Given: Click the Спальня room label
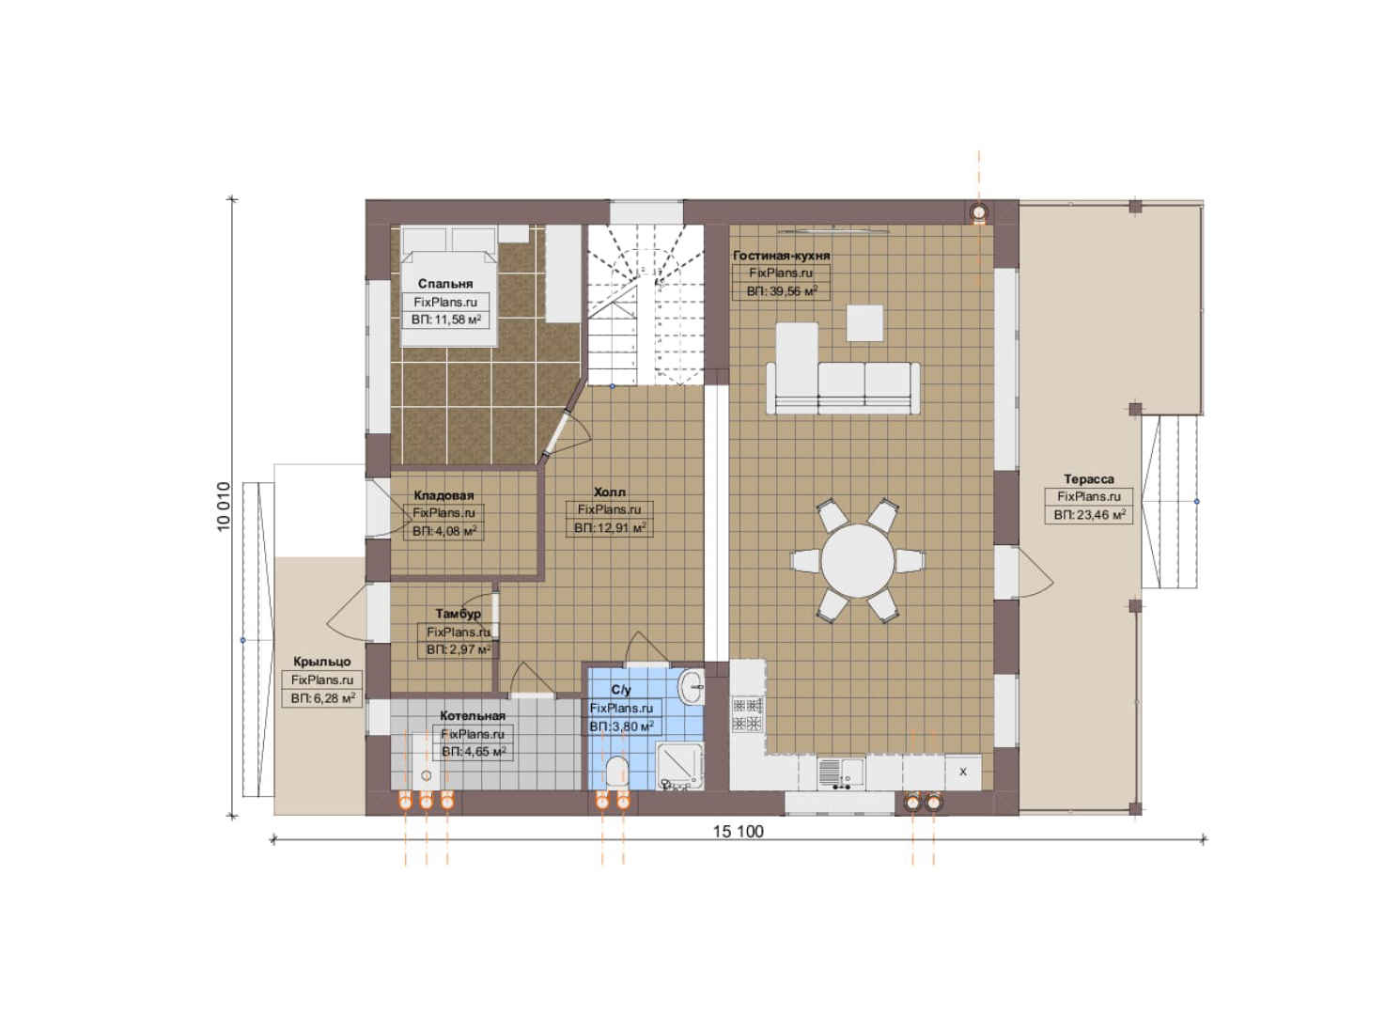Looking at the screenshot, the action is (445, 284).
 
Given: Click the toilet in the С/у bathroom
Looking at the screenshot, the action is (616, 773).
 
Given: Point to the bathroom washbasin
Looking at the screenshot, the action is (692, 687).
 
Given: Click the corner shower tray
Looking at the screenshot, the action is (680, 766).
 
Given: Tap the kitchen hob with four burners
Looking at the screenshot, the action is (748, 714).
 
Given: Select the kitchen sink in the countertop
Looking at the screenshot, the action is (841, 773).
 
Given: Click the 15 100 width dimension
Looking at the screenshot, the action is (739, 832).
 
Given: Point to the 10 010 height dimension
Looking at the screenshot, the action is (224, 506).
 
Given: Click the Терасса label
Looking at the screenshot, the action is (1089, 478).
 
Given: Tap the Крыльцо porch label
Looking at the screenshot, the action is (322, 662).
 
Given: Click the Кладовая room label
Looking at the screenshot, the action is (444, 495).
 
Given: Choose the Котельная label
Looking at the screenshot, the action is (473, 715).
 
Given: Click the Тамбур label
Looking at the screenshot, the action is (459, 614).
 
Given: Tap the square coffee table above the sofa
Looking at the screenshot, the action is (864, 323).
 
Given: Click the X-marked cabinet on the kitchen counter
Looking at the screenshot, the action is (963, 773).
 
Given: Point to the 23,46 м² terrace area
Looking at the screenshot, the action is (1100, 514).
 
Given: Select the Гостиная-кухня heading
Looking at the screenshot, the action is (782, 255).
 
